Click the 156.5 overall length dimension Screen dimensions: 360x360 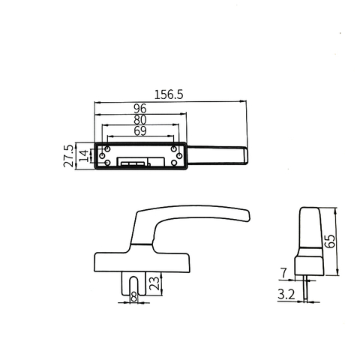click(169, 95)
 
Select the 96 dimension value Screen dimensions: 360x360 click(139, 108)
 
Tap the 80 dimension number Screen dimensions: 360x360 click(139, 119)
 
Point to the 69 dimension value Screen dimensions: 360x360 click(139, 130)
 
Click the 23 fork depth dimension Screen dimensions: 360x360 click(154, 283)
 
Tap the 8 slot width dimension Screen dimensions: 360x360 click(134, 298)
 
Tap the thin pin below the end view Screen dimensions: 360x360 click(306, 288)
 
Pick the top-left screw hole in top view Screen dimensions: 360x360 click(106, 148)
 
